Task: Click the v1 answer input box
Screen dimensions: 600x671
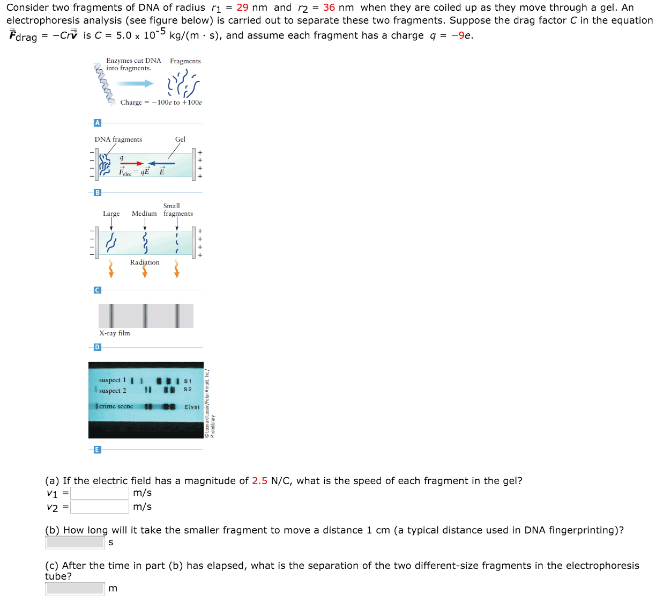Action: click(100, 493)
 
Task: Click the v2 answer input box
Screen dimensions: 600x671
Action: click(100, 507)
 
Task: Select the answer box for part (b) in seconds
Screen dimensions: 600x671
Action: click(75, 543)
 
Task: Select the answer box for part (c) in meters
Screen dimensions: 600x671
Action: click(75, 589)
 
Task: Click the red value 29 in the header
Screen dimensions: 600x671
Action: click(242, 8)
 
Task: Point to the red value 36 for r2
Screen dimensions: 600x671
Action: click(329, 8)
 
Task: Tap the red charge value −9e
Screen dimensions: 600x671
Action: click(461, 35)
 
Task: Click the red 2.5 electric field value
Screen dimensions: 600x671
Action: click(259, 481)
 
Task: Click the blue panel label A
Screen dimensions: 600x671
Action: click(97, 123)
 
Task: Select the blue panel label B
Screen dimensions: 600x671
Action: click(97, 192)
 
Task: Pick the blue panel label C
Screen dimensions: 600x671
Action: click(97, 290)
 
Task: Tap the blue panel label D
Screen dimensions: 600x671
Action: click(97, 347)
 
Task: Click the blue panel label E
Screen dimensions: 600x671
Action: click(97, 450)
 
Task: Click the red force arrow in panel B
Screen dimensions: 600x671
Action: click(132, 164)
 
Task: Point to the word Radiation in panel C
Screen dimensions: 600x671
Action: click(145, 262)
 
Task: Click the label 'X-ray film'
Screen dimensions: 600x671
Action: click(114, 333)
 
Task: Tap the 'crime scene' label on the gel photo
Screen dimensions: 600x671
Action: click(116, 406)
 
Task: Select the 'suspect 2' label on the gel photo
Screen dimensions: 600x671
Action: click(113, 391)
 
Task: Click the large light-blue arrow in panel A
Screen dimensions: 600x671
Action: click(135, 83)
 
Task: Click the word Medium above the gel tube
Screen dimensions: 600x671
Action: click(144, 214)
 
